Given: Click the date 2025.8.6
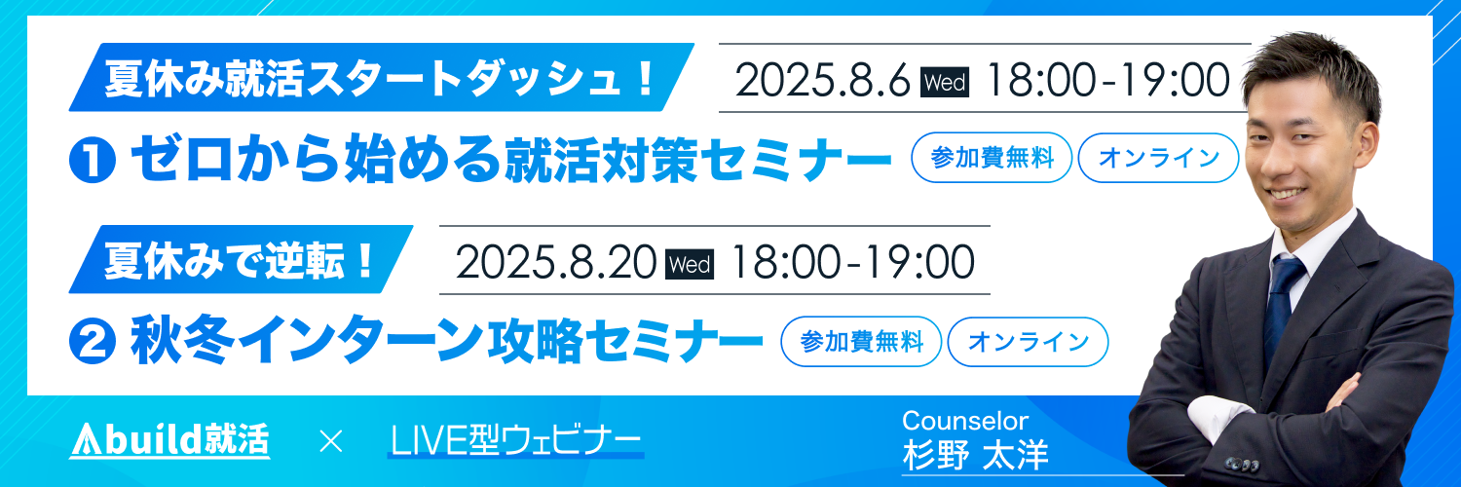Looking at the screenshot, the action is click(x=822, y=80).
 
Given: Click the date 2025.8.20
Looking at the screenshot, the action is click(x=556, y=262).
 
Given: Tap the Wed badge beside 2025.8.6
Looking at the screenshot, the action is click(x=945, y=83).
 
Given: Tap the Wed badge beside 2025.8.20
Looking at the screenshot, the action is click(x=690, y=265).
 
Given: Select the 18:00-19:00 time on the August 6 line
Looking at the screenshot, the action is click(x=1107, y=80).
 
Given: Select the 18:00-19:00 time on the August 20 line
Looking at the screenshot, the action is click(x=852, y=262).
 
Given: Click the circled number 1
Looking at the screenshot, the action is click(x=93, y=160).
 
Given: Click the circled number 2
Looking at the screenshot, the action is click(x=93, y=341).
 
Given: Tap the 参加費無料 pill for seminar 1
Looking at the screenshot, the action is click(x=992, y=158).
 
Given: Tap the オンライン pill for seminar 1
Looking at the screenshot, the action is click(x=1158, y=158).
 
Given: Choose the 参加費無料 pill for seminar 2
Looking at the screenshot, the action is click(x=861, y=342).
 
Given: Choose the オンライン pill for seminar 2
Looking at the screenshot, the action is click(x=1028, y=342).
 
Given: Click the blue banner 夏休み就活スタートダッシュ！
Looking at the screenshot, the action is click(x=382, y=78).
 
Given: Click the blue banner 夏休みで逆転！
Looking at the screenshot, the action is click(x=242, y=259).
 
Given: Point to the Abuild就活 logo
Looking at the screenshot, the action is click(x=169, y=440).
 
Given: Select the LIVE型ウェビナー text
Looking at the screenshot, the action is click(x=515, y=440).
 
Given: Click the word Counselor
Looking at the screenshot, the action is click(x=965, y=421).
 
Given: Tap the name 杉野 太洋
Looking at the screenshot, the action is click(x=976, y=455).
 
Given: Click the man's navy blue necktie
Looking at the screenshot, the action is click(x=1281, y=307).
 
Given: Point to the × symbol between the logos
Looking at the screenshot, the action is click(x=331, y=441).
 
